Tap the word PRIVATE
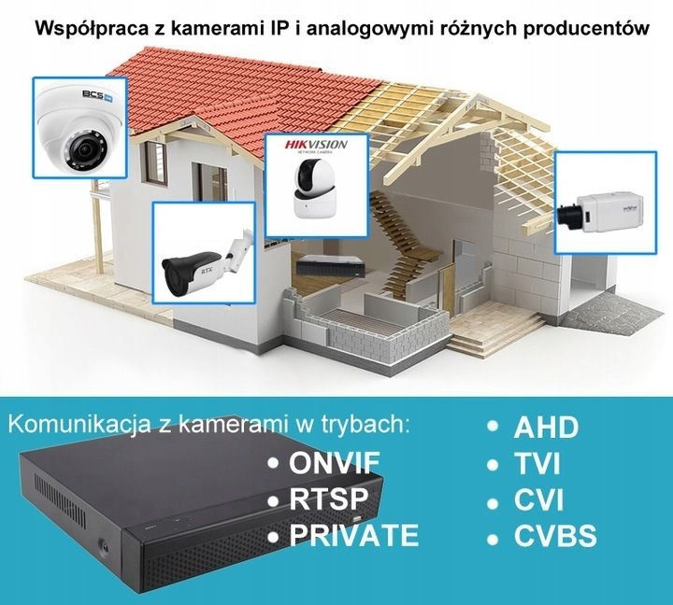point(354,535)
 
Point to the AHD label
point(546,429)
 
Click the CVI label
point(538,500)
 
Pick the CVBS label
point(554,537)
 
